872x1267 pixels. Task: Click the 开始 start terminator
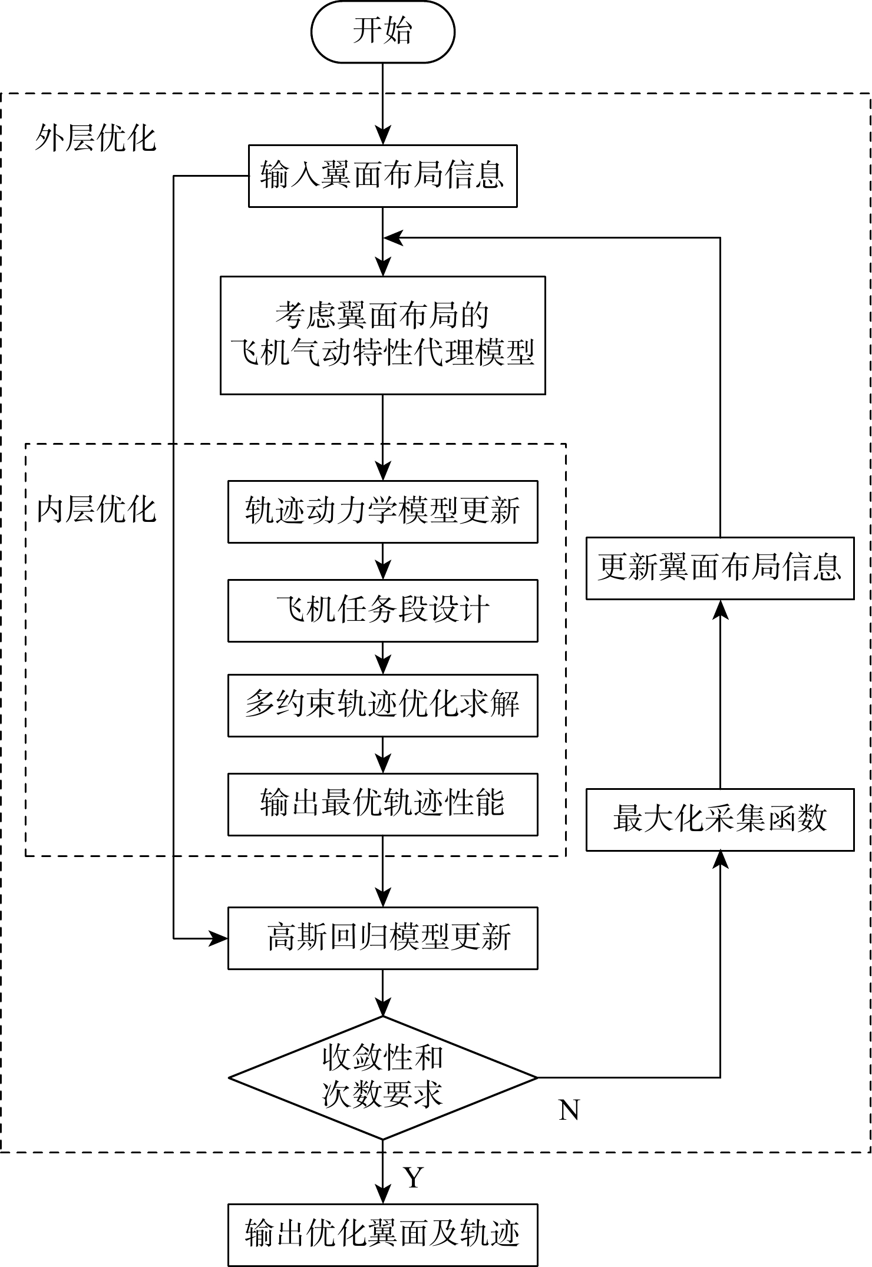point(382,32)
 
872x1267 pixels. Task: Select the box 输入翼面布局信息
point(382,176)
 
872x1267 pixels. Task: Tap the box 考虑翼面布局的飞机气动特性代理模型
point(382,335)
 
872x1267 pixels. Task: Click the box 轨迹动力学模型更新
point(382,511)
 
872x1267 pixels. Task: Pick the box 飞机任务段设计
point(382,610)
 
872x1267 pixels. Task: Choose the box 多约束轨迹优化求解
point(382,705)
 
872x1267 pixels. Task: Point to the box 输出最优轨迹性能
point(382,804)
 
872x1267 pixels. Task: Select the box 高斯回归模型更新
point(382,938)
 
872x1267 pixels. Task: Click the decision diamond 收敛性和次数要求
point(382,1077)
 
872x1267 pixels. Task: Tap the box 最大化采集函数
point(719,819)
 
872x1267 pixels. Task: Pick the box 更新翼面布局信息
point(719,568)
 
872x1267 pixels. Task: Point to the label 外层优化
point(95,139)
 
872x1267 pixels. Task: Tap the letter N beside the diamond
point(569,1111)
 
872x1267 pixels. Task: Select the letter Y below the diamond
point(414,1177)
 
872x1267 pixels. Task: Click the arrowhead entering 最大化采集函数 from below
point(720,860)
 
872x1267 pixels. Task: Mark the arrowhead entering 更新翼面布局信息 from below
point(720,609)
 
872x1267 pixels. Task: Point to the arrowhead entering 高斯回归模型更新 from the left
point(219,938)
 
